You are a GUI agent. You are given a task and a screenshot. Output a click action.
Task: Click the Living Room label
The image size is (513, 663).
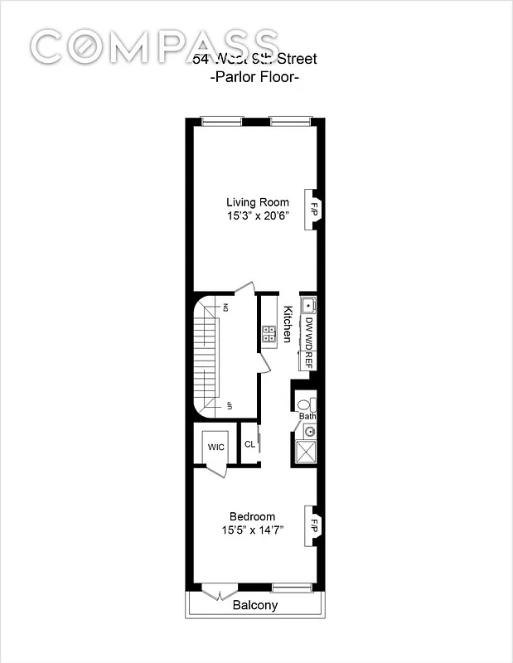pos(258,202)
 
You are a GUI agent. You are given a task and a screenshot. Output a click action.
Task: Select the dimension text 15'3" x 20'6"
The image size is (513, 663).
pos(258,216)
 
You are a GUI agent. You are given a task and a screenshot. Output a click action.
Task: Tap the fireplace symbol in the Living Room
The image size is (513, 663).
pos(314,204)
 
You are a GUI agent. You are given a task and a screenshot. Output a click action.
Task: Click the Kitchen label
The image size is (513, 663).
pos(288,325)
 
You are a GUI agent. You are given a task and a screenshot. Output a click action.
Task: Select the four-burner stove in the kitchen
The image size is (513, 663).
pos(269,334)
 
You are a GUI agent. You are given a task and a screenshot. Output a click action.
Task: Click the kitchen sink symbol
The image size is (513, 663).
pos(307,304)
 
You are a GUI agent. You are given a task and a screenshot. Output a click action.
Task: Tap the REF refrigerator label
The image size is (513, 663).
pos(308,359)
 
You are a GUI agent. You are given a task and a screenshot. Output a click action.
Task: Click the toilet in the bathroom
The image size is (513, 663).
pos(303,404)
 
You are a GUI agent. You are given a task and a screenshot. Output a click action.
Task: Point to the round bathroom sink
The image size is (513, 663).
pos(309,431)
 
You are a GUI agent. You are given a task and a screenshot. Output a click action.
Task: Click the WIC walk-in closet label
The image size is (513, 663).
pos(216,448)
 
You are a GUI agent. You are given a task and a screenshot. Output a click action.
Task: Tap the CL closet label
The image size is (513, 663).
pos(249,444)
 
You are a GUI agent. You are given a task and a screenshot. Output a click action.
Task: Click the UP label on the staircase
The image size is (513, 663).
pos(226,405)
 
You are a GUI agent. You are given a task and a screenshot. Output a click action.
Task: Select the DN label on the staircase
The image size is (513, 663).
pos(226,308)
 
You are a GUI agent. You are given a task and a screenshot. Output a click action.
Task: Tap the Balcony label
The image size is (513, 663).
pos(254,605)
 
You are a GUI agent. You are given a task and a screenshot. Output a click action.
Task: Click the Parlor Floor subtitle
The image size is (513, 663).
pos(254,77)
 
